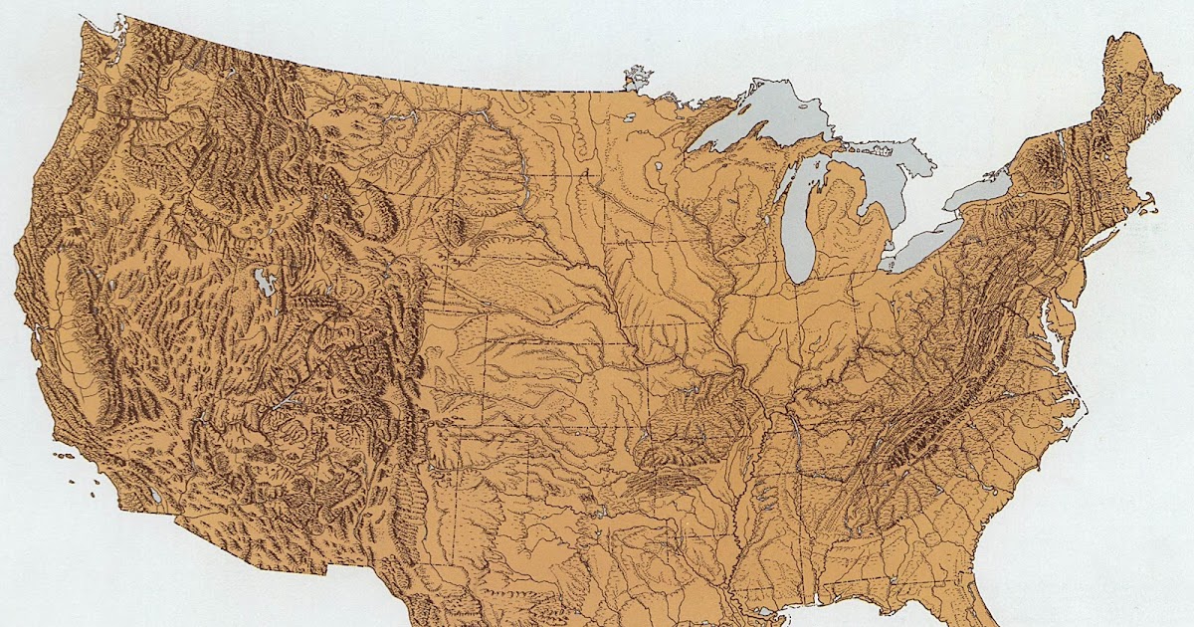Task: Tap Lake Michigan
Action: pos(797,229)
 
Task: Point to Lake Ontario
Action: pos(980,189)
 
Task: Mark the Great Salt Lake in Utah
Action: pos(264,283)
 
